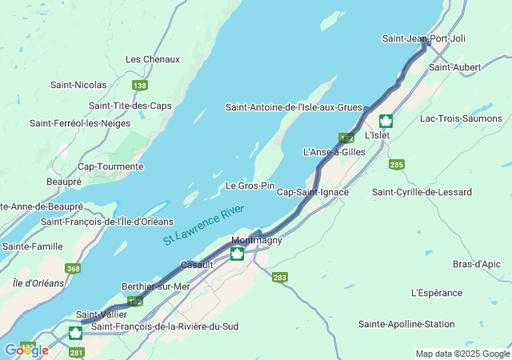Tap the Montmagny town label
click(x=256, y=240)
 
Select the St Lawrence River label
click(x=204, y=225)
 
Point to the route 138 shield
click(x=140, y=86)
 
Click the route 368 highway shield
click(x=74, y=269)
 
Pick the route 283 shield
click(x=279, y=278)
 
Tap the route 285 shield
click(x=396, y=164)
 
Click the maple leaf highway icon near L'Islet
click(x=386, y=122)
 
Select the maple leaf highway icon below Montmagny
click(x=237, y=254)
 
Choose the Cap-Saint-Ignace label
click(x=312, y=192)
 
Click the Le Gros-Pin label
click(x=250, y=186)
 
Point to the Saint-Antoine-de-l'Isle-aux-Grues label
click(x=294, y=107)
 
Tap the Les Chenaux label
click(x=153, y=59)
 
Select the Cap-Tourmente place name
click(x=110, y=166)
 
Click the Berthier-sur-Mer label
click(x=155, y=286)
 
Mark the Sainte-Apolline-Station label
click(x=406, y=324)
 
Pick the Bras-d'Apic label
click(x=476, y=264)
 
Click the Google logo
click(x=26, y=350)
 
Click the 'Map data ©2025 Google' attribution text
click(x=462, y=354)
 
